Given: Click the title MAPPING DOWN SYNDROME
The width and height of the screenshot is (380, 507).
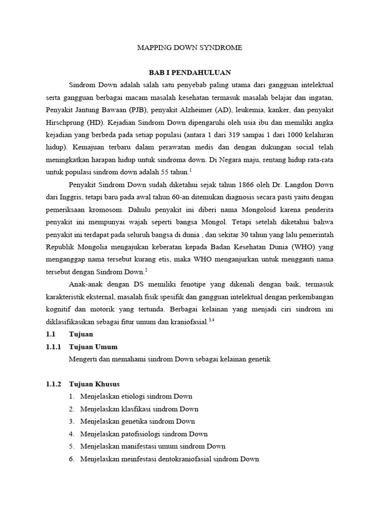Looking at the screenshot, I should point(190,48).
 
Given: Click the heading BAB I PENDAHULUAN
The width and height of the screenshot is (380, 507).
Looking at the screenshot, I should point(190,72).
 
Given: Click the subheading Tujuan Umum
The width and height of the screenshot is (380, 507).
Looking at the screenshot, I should point(94,347).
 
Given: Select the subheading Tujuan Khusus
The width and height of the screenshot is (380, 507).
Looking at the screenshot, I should point(95,384).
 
